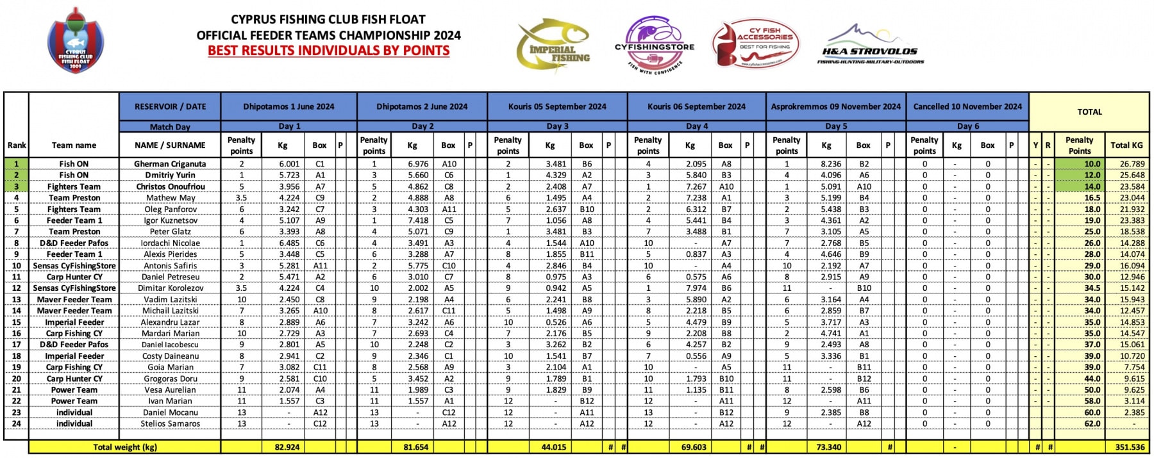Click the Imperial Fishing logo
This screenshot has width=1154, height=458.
(553, 45)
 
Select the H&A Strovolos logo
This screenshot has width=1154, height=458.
(869, 46)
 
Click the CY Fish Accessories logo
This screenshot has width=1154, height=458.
(757, 44)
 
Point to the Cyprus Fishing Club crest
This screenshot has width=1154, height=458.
(76, 40)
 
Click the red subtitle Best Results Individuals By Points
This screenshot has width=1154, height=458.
(328, 51)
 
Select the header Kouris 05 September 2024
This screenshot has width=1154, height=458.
(557, 106)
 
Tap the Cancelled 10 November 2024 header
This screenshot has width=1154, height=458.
(967, 106)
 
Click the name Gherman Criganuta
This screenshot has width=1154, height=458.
(170, 164)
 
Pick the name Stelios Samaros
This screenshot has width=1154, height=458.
(170, 423)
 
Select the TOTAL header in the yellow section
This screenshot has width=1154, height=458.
(1089, 111)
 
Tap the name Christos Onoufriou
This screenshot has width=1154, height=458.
(170, 186)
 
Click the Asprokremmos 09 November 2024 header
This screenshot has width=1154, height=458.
(835, 106)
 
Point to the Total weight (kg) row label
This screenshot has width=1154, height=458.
(124, 447)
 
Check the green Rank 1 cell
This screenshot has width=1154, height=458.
(17, 164)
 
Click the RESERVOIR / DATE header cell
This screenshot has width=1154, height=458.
(170, 106)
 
